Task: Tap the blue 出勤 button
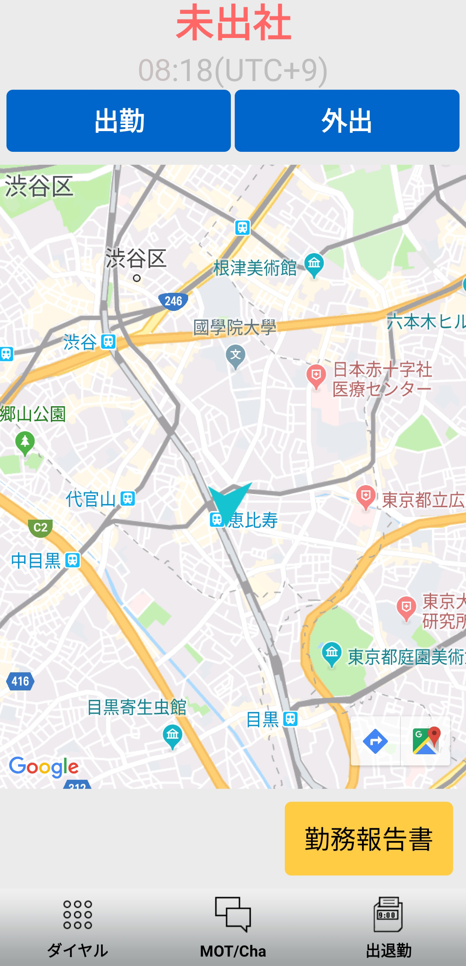pos(119,121)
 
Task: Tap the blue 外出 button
pos(347,121)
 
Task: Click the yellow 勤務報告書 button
pos(368,838)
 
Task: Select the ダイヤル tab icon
pos(78,914)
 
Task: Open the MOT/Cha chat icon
pos(233,914)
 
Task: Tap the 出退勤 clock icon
pos(388,914)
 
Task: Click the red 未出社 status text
pos(233,23)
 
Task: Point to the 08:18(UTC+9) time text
pos(233,70)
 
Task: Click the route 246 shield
pos(173,301)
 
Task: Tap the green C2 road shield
pos(41,527)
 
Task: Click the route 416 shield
pos(20,681)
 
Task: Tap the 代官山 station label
pos(91,499)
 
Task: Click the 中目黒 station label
pos(36,561)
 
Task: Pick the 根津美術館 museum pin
pos(314,264)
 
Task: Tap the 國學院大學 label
pos(235,327)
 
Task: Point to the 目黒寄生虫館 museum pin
pos(173,735)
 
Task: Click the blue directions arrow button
pos(375,741)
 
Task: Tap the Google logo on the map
pos(44,767)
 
